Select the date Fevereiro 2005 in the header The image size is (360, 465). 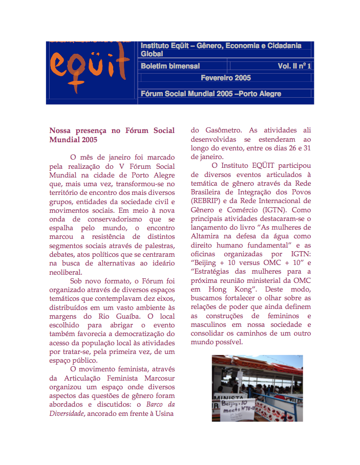click(x=225, y=78)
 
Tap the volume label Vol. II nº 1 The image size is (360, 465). click(x=294, y=66)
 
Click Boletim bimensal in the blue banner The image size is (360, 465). click(x=170, y=66)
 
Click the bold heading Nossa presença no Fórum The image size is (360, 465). click(x=112, y=130)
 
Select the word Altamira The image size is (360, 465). click(x=207, y=236)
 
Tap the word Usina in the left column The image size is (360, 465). click(x=164, y=413)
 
